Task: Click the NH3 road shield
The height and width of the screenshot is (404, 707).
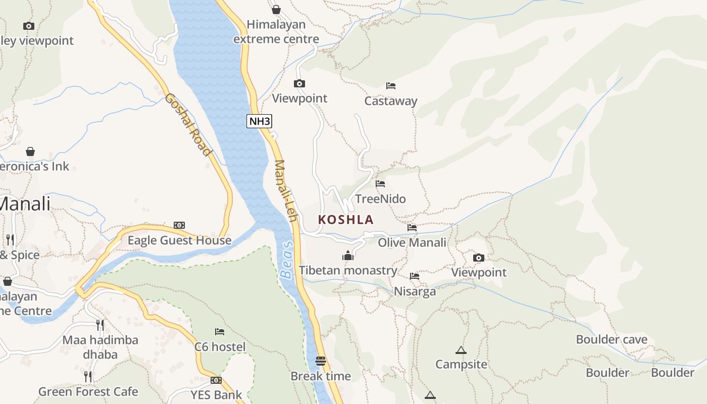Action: [x=260, y=121]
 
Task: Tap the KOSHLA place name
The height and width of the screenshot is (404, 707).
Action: [x=346, y=220]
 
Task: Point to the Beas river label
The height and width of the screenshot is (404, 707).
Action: [x=287, y=260]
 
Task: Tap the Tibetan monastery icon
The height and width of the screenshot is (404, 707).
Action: [x=347, y=256]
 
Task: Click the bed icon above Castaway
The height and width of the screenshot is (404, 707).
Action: [x=390, y=86]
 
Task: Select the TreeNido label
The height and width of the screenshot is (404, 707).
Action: [x=380, y=199]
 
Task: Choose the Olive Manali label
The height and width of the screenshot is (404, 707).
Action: [x=412, y=243]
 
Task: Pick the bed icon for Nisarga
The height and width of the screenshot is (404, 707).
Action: [x=415, y=276]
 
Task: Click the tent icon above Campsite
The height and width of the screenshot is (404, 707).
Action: [x=461, y=350]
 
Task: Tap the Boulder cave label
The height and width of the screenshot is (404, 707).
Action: [x=612, y=339]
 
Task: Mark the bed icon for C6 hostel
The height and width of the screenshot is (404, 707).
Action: [x=220, y=332]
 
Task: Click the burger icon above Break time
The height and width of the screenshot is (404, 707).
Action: [x=321, y=361]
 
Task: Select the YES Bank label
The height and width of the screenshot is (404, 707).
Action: [x=216, y=395]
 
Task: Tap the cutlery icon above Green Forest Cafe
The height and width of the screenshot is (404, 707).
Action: [x=88, y=376]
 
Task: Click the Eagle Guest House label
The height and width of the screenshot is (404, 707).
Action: [x=179, y=240]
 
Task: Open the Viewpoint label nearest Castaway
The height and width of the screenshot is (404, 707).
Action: [x=299, y=98]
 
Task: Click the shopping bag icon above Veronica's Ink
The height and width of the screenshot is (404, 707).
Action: [x=30, y=151]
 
